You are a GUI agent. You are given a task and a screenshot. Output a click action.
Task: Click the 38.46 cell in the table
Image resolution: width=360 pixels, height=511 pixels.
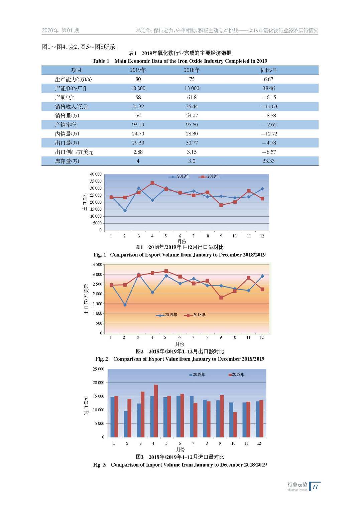(268, 88)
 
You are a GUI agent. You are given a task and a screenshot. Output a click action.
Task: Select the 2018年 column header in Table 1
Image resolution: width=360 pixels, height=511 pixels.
(192, 70)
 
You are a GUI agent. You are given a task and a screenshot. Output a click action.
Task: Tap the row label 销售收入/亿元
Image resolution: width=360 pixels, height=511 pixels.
(72, 107)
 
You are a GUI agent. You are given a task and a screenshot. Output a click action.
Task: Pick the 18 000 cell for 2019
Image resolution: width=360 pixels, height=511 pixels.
(138, 88)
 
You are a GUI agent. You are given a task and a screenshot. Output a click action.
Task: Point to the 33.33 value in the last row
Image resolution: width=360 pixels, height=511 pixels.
(268, 161)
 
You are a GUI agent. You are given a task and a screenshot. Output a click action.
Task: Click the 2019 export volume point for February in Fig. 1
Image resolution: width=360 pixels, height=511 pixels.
(125, 211)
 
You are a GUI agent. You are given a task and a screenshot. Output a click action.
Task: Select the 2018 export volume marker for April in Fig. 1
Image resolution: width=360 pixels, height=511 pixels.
(152, 183)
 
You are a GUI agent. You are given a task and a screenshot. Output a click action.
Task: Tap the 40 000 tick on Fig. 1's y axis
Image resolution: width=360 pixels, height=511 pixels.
(96, 174)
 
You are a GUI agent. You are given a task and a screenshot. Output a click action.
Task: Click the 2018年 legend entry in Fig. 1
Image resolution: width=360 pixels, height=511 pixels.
(210, 176)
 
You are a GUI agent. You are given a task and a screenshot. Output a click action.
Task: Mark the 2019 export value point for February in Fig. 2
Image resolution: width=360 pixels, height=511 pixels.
(125, 305)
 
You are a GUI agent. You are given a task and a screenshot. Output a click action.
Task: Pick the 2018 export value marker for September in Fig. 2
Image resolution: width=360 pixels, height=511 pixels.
(221, 297)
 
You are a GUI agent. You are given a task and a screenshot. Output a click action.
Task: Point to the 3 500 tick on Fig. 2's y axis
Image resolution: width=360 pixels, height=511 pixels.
(97, 265)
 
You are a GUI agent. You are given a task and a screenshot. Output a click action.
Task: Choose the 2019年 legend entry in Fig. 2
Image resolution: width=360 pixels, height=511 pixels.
(167, 315)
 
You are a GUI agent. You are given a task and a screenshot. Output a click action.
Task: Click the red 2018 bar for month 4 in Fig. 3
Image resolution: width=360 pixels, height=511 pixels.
(156, 411)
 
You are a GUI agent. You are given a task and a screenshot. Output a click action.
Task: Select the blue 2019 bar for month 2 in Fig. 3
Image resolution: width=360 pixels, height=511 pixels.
(126, 424)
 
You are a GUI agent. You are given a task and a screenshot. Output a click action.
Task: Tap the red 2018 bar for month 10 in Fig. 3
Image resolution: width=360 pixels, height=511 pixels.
(235, 424)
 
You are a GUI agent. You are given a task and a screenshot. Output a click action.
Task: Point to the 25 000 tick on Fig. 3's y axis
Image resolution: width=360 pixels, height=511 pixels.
(98, 369)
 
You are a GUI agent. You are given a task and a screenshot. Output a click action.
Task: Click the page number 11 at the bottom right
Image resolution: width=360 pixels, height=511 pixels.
(315, 487)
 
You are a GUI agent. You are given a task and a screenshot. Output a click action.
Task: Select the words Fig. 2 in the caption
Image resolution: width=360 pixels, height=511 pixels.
(102, 359)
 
